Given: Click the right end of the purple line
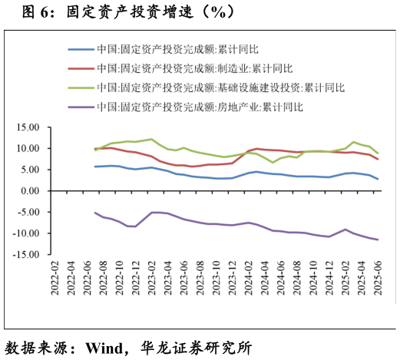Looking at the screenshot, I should point(378,239).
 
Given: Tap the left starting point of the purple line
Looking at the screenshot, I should point(95,213).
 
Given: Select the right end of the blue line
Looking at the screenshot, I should point(378,179).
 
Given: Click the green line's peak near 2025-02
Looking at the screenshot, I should point(353,142).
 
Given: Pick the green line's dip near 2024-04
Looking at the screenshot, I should point(273,163).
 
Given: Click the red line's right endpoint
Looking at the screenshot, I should point(378,159).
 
